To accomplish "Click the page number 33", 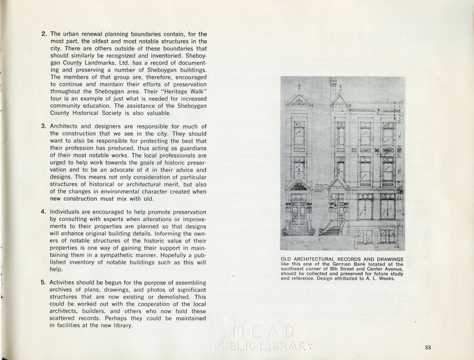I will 428,348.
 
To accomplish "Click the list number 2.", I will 44,34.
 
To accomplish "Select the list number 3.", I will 44,126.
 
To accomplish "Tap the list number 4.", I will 44,212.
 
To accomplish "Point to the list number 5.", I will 44,283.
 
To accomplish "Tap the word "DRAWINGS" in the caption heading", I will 388,259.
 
